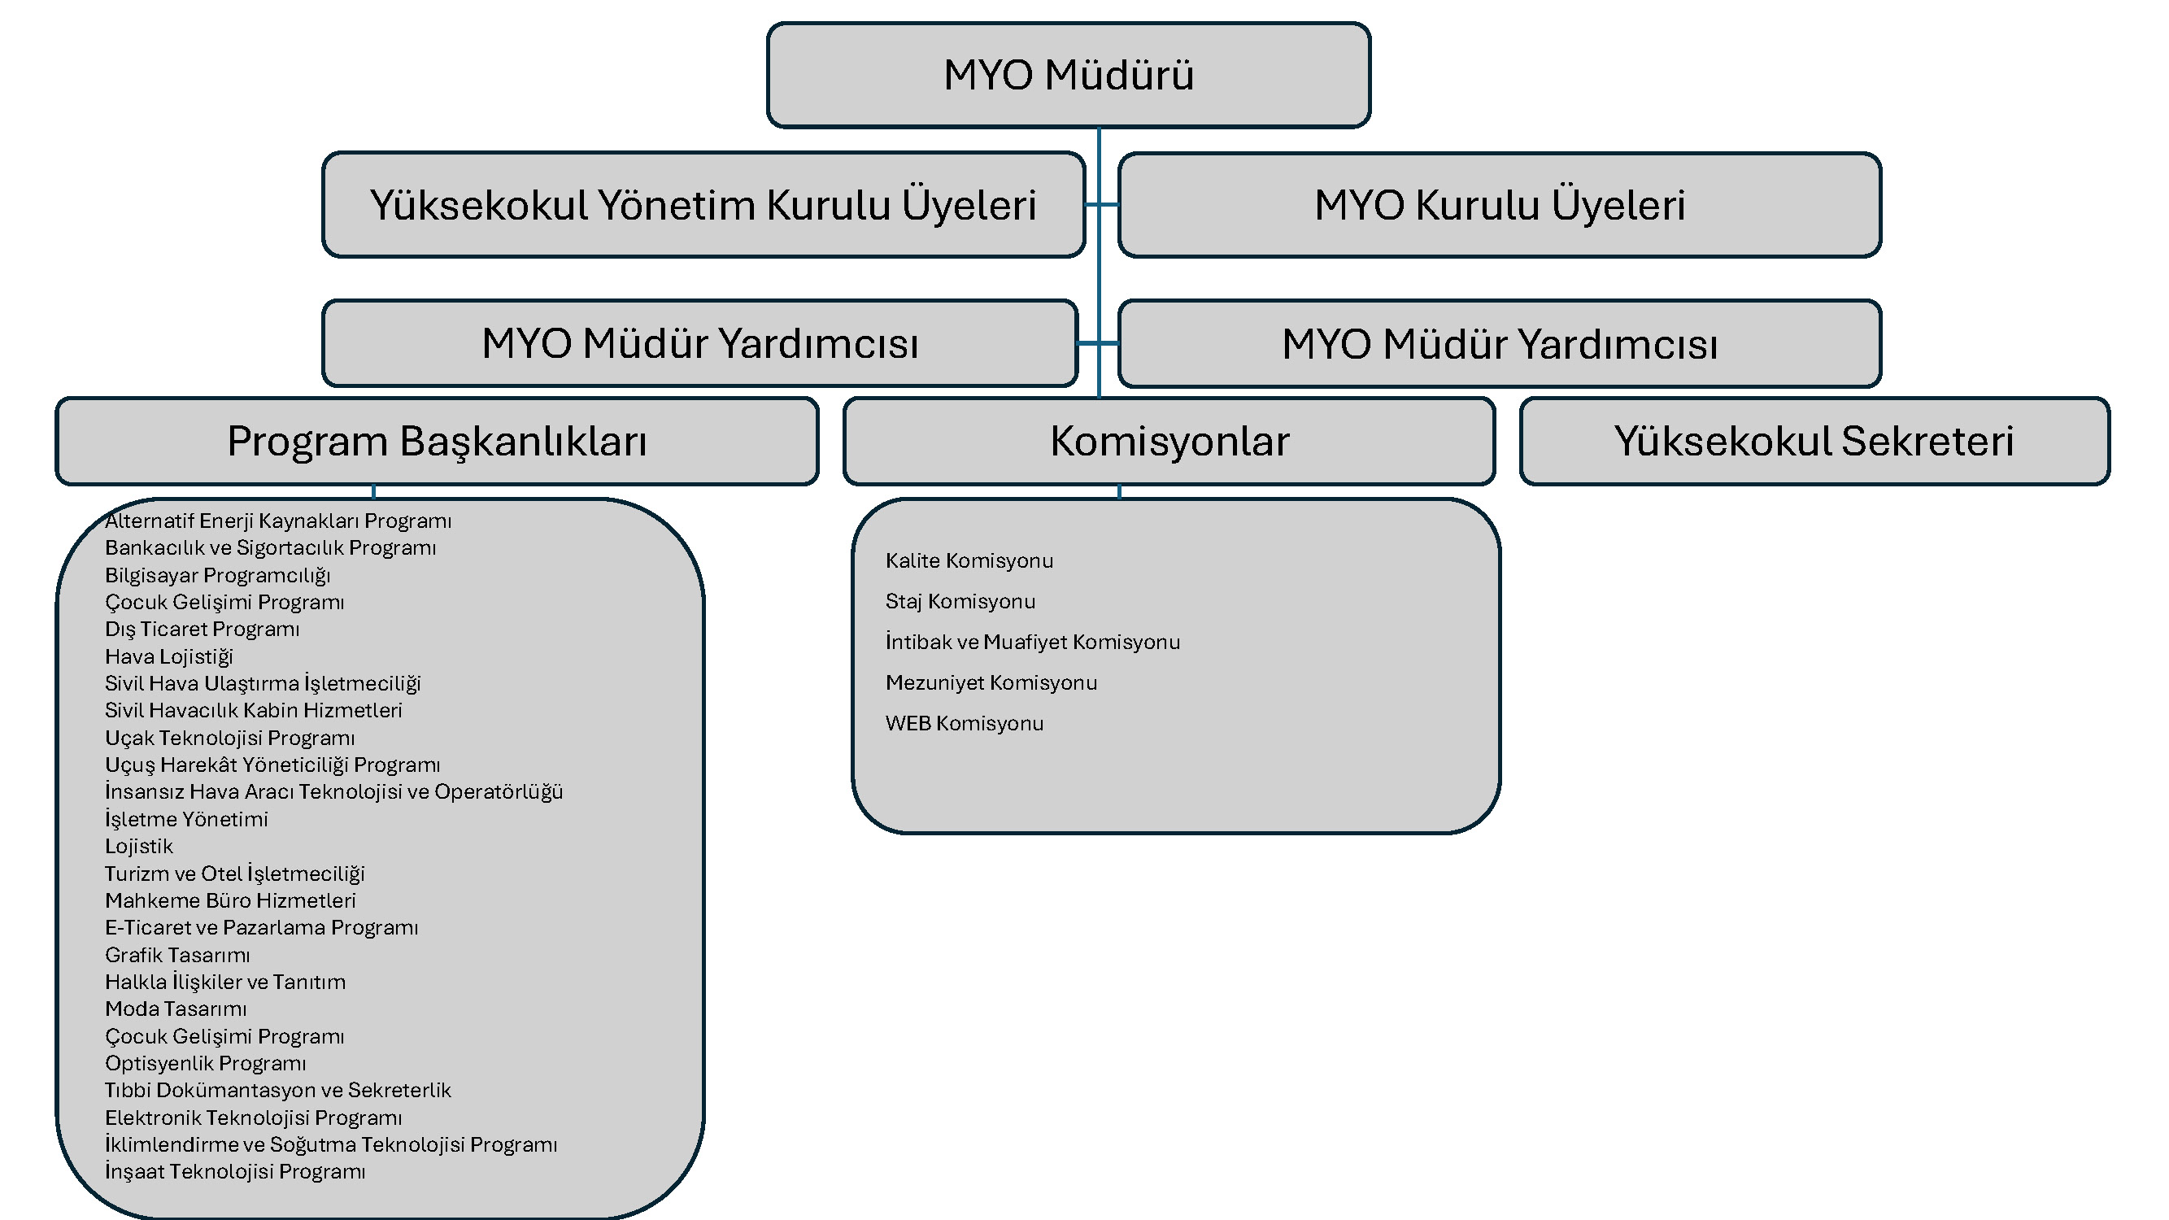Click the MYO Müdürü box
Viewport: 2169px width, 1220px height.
[1068, 75]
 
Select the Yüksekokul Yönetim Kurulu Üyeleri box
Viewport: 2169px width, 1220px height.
[703, 205]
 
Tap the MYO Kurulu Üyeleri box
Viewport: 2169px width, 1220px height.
[1499, 205]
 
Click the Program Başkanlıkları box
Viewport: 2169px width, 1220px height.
[436, 441]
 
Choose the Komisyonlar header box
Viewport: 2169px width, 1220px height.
[1169, 441]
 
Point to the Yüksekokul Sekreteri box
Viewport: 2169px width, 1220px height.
[1814, 441]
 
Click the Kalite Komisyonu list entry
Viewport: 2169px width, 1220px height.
[969, 560]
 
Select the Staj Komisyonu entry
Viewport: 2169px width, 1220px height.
[960, 601]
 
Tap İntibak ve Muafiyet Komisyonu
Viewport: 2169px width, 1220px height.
[1032, 642]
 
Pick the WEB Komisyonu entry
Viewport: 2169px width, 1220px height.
[964, 723]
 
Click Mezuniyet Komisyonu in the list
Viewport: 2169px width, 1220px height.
[991, 683]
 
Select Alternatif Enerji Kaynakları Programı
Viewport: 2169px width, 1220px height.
[278, 521]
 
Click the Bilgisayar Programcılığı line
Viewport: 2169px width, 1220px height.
[217, 575]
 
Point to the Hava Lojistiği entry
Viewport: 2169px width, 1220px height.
[168, 656]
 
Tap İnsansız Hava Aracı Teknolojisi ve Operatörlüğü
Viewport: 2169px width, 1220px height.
[333, 792]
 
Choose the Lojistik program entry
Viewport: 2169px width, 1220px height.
[139, 846]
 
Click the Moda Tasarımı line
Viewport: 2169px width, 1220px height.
[175, 1009]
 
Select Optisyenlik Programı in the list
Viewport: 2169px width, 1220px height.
[206, 1063]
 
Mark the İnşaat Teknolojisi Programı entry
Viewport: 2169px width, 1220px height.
[235, 1172]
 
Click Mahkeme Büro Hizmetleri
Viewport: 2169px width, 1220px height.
[230, 901]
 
